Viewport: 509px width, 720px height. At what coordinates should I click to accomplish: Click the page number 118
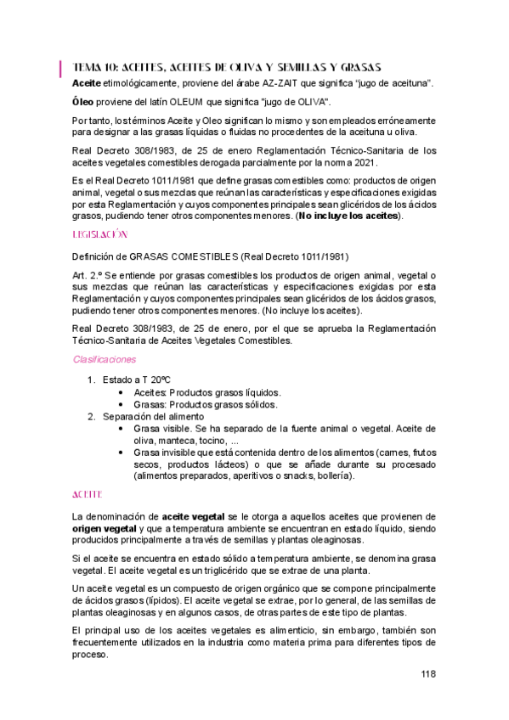click(x=427, y=674)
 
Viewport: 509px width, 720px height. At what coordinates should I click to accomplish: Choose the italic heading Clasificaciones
click(x=105, y=359)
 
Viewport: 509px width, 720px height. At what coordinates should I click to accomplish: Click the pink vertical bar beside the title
click(x=60, y=67)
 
